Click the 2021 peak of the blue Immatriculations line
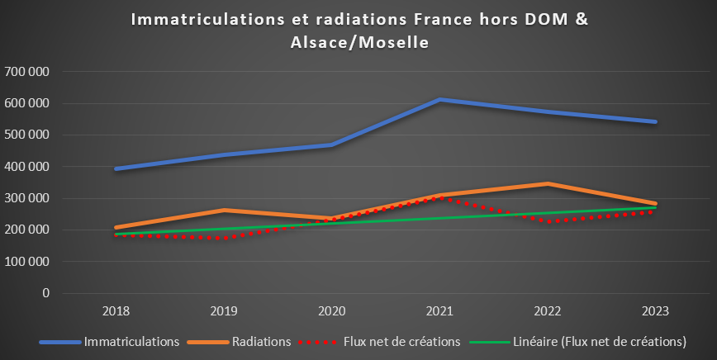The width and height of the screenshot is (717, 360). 440,100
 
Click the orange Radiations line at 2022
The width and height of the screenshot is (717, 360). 548,183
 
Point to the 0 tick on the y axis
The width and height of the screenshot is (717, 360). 46,293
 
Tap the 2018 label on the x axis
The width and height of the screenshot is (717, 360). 116,312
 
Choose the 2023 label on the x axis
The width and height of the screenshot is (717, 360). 655,312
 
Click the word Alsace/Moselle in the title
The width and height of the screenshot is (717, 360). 359,43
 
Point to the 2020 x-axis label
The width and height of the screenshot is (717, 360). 332,312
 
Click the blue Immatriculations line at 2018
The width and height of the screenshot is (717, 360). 116,168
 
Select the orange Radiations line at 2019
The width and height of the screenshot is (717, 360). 225,210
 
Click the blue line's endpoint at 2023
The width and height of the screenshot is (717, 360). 655,121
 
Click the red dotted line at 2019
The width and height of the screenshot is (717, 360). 225,238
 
